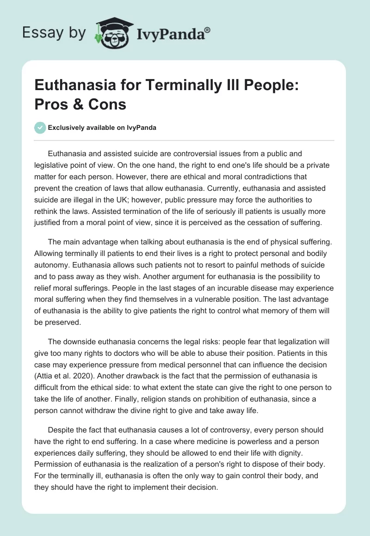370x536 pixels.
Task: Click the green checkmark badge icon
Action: (40, 128)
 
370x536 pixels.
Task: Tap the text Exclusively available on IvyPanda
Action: (102, 128)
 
